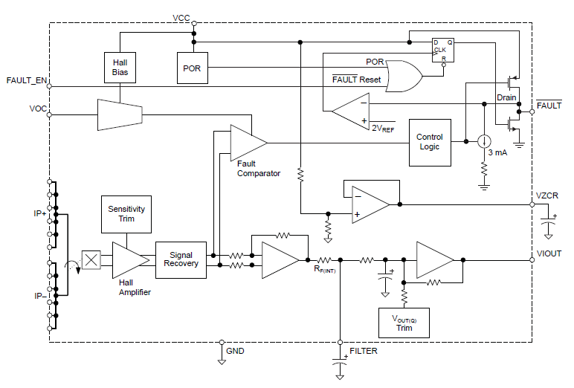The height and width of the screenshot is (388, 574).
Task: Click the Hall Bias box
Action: pyautogui.click(x=120, y=68)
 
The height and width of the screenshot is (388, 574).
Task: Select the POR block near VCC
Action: pyautogui.click(x=191, y=68)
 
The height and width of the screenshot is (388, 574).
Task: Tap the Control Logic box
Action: pyautogui.click(x=430, y=142)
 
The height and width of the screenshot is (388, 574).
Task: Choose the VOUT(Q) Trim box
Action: pyautogui.click(x=404, y=323)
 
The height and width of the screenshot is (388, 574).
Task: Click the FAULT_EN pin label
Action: pyautogui.click(x=27, y=80)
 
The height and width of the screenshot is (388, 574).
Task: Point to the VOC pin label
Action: pyautogui.click(x=38, y=109)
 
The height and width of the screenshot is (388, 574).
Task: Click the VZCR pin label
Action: pyautogui.click(x=549, y=195)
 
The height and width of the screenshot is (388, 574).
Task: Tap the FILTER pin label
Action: pyautogui.click(x=364, y=349)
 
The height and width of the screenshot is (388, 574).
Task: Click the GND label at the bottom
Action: pyautogui.click(x=235, y=350)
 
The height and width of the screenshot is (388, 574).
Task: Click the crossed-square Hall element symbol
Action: pyautogui.click(x=91, y=260)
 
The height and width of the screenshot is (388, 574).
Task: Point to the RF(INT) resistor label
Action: pyautogui.click(x=324, y=269)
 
